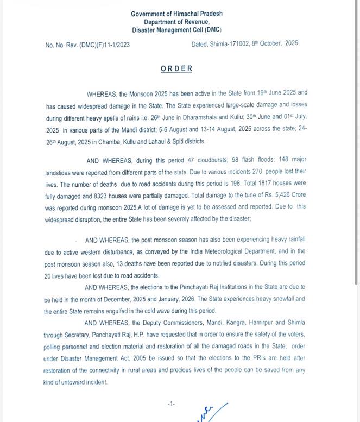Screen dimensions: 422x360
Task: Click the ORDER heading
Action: (176, 68)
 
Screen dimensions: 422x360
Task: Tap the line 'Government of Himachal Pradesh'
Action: (176, 14)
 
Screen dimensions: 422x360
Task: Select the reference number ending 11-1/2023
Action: (87, 45)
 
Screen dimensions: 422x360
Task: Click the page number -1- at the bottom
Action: (172, 404)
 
